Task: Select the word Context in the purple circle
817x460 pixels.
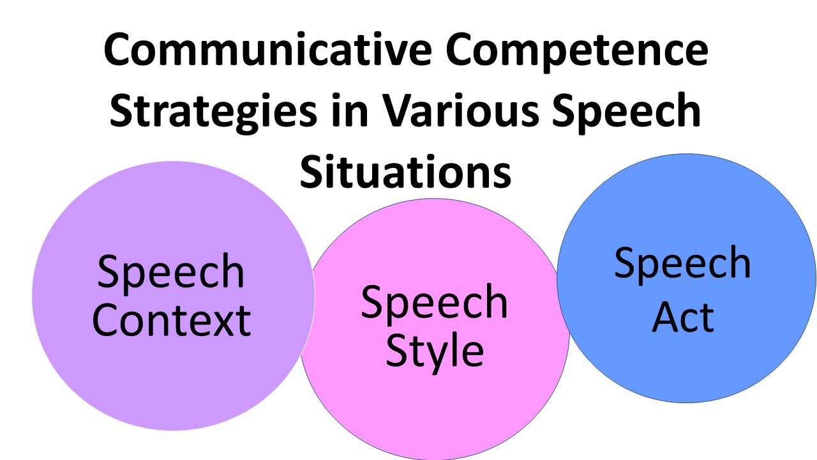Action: coord(171,320)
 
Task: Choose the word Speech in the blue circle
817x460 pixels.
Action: coord(682,264)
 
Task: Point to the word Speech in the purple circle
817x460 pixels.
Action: coord(171,273)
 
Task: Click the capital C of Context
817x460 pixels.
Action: coord(107,320)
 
